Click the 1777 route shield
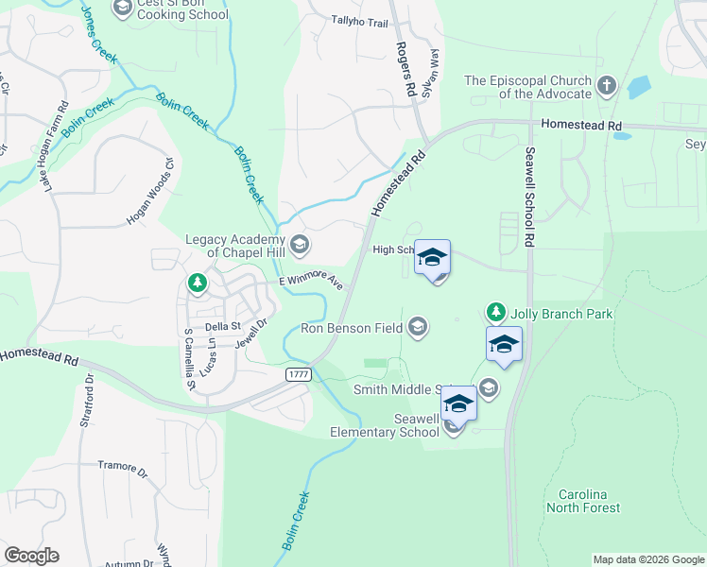coord(299,375)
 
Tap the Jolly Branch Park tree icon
coord(495,312)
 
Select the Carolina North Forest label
coord(589,501)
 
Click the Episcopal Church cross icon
coord(607,87)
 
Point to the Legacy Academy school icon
coord(299,246)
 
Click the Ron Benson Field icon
coord(417,328)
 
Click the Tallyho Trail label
coord(360,21)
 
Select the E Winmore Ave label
coord(311,280)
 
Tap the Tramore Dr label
coord(124,466)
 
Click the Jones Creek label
coord(98,34)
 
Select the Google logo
coord(31,556)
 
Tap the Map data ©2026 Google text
coord(647,559)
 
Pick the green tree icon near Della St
coord(197,283)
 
